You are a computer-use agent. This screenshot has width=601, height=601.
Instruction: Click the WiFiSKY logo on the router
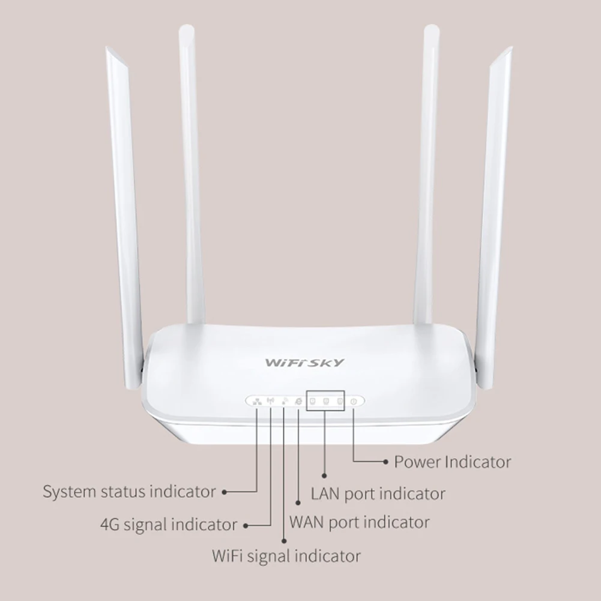point(305,362)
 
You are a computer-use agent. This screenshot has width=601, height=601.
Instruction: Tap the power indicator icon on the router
point(354,401)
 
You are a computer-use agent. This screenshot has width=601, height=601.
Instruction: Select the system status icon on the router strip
point(256,401)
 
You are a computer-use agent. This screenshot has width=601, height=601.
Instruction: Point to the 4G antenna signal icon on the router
point(270,401)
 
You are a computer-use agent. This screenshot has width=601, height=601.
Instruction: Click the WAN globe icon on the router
point(298,401)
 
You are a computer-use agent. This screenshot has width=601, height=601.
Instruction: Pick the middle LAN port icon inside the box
point(325,401)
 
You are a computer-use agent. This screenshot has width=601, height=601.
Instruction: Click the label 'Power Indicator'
point(452,462)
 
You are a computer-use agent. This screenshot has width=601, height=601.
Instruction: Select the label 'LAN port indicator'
point(378,494)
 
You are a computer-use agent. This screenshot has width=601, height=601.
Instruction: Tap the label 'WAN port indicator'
point(359,521)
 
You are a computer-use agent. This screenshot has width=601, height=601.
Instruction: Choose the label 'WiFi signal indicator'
point(286,555)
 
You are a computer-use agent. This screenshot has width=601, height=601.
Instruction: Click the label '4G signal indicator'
point(168,524)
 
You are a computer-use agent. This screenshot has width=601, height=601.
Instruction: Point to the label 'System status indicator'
point(128,492)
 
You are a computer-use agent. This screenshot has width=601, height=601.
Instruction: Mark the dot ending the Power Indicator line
point(386,462)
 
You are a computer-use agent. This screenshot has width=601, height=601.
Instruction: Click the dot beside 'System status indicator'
point(224,492)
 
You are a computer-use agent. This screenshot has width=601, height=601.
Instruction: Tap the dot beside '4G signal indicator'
point(245,525)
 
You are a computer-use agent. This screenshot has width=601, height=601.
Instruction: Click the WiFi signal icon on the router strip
point(283,401)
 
